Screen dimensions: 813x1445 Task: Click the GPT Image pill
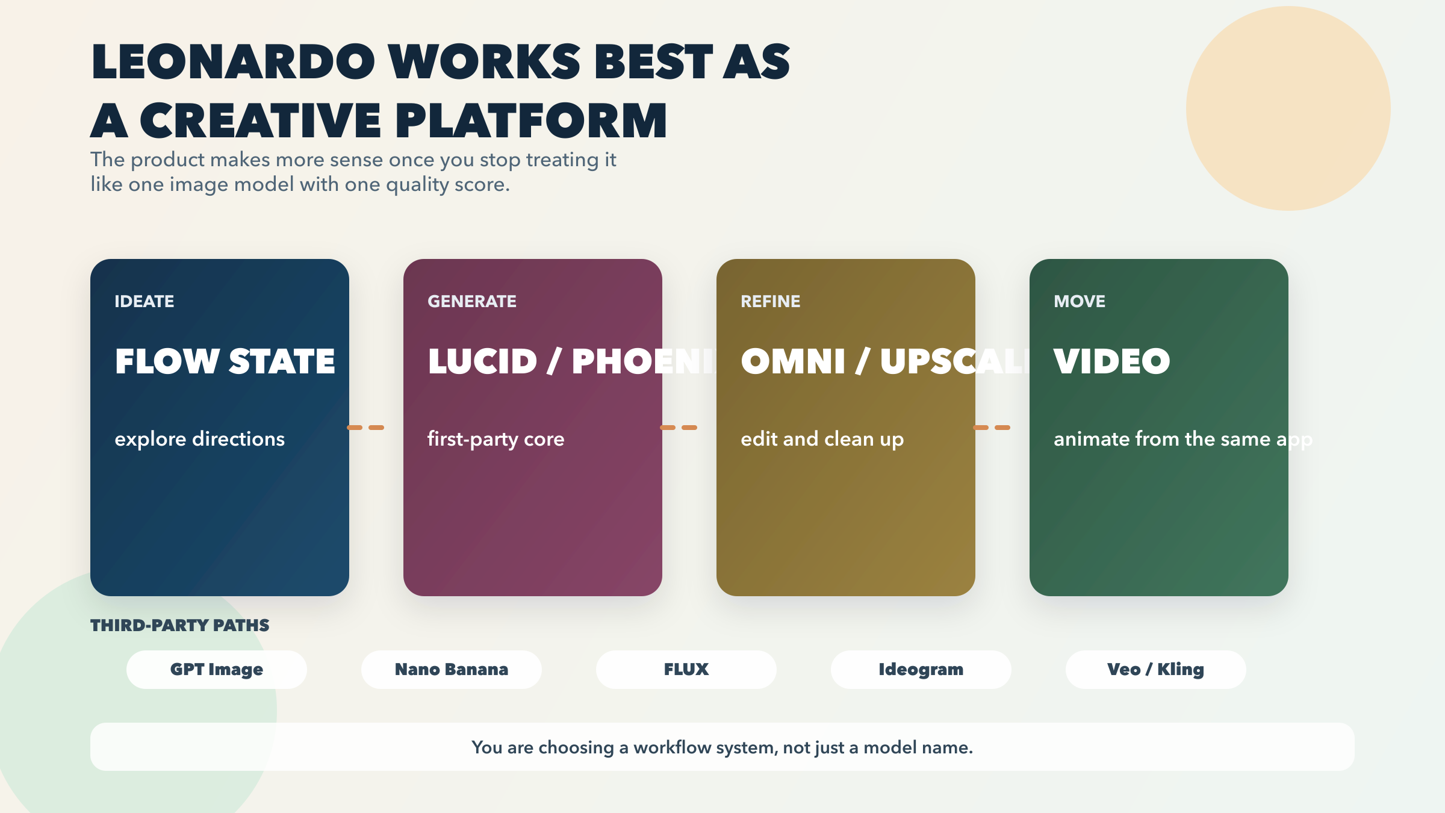point(217,669)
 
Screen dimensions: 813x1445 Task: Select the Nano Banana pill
point(452,669)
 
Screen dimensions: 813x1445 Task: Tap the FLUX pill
point(686,669)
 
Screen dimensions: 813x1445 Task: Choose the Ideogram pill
point(921,669)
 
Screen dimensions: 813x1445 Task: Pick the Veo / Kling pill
point(1156,669)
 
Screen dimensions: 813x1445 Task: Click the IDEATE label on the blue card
point(144,301)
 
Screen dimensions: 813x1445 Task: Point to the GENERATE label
point(472,301)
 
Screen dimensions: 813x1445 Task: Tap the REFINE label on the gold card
point(771,301)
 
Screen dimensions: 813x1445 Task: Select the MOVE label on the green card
point(1080,301)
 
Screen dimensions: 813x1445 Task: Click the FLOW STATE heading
point(225,361)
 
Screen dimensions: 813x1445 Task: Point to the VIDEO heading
point(1112,361)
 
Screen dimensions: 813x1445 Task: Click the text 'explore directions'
point(200,439)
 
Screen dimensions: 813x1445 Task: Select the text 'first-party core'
point(496,439)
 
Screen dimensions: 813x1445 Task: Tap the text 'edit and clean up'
point(822,439)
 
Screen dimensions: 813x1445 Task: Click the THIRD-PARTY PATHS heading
point(180,625)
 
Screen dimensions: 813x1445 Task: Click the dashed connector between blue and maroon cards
point(365,428)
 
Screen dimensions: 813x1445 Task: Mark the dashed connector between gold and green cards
point(992,428)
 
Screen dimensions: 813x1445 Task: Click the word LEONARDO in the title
point(234,61)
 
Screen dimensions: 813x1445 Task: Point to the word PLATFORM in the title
point(531,120)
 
